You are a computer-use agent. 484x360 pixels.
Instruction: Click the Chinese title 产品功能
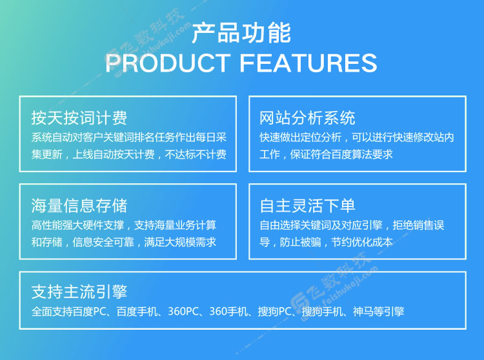[x=241, y=33]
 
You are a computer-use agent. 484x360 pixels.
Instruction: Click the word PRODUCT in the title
[x=168, y=63]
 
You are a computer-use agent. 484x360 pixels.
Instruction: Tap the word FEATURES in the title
[x=308, y=63]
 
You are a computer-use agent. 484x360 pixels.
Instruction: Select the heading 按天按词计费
[x=79, y=118]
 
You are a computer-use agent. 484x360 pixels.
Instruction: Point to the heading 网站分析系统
[x=307, y=118]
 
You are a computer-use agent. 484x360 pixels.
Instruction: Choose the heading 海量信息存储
[x=79, y=206]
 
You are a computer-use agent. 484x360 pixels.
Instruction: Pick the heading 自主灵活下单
[x=307, y=206]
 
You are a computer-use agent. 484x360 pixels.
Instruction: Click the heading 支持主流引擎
[x=79, y=292]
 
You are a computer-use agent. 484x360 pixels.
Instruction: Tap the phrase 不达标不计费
[x=196, y=154]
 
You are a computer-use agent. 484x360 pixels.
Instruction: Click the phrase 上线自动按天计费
[x=114, y=154]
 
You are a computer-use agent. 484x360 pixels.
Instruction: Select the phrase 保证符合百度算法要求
[x=341, y=154]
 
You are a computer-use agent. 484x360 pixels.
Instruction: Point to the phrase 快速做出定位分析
[x=300, y=137]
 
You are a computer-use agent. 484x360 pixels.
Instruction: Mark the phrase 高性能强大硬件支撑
[x=77, y=225]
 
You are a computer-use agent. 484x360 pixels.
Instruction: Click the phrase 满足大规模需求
[x=180, y=242]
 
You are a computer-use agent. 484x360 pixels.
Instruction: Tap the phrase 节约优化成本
[x=362, y=242]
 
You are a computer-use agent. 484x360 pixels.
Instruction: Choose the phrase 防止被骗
[x=300, y=242]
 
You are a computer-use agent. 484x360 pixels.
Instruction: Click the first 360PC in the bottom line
[x=183, y=312]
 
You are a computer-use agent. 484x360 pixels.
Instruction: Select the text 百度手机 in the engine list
[x=137, y=312]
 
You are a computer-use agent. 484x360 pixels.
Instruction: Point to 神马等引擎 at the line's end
[x=379, y=312]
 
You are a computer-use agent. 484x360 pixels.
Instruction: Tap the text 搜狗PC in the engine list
[x=275, y=312]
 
